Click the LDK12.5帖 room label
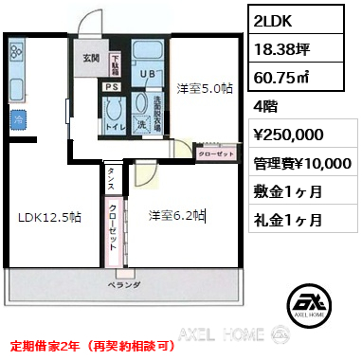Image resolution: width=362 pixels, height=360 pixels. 49,216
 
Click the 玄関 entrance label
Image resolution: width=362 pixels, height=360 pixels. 91,58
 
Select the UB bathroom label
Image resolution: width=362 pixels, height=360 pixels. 146,72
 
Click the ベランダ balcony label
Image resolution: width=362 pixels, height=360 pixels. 124,284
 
